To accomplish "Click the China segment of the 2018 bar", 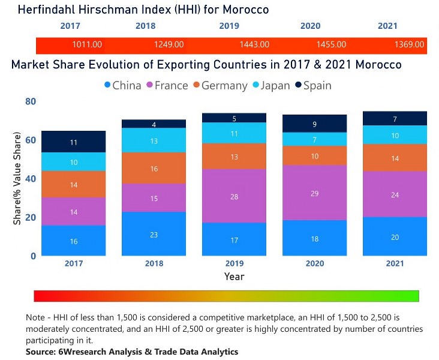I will [154, 234].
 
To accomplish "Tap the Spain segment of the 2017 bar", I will [74, 142].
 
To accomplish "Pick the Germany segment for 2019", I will [234, 156].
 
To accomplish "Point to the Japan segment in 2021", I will [395, 135].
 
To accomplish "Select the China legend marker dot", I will [107, 85].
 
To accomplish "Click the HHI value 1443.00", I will [254, 44].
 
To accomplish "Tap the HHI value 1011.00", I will [87, 44].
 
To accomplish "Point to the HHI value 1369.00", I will [410, 44].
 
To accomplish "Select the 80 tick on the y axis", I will [30, 102].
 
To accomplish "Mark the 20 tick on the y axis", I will [30, 217].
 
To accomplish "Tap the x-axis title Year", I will [234, 277].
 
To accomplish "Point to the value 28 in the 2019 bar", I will [234, 197].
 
